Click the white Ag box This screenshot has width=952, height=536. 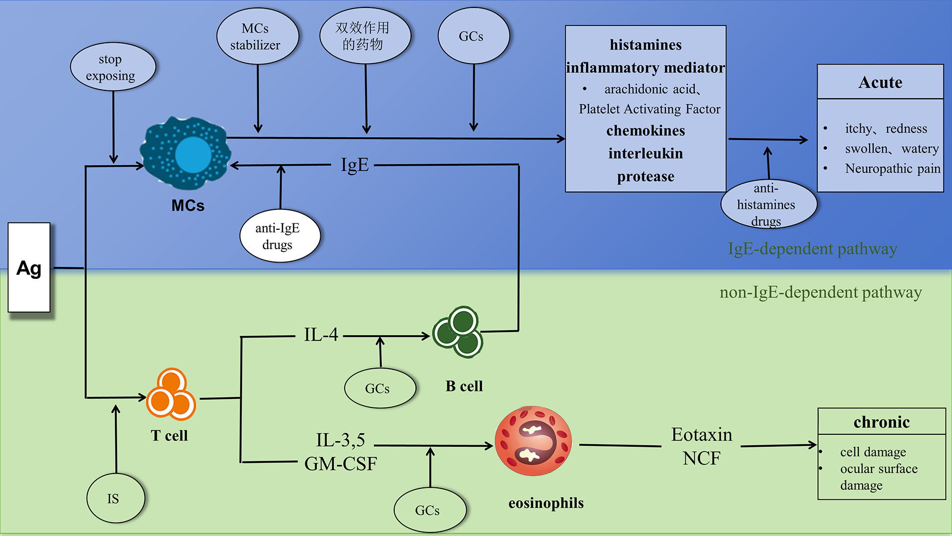tap(29, 268)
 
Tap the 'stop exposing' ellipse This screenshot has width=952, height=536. tap(113, 67)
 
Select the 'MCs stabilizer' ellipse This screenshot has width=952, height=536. tap(257, 36)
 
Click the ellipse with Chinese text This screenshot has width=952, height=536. tap(365, 36)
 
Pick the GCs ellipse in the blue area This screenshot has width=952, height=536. tap(474, 36)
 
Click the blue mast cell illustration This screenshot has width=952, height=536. tap(186, 153)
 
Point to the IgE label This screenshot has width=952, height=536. tap(355, 165)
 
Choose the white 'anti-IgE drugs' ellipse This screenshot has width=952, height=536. tap(280, 236)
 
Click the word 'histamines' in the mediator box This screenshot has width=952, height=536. tap(646, 45)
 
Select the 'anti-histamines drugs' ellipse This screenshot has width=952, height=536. tap(768, 204)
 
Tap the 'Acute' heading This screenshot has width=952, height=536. tap(880, 82)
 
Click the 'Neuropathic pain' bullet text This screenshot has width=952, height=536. tap(892, 169)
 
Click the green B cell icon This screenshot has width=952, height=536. tap(458, 332)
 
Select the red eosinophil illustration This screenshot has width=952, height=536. tap(533, 441)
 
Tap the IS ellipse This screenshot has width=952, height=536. tap(115, 498)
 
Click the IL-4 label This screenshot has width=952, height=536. tap(321, 335)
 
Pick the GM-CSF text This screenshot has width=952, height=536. tap(341, 464)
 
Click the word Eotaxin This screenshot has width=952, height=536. tap(702, 435)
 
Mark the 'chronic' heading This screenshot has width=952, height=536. tap(882, 422)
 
